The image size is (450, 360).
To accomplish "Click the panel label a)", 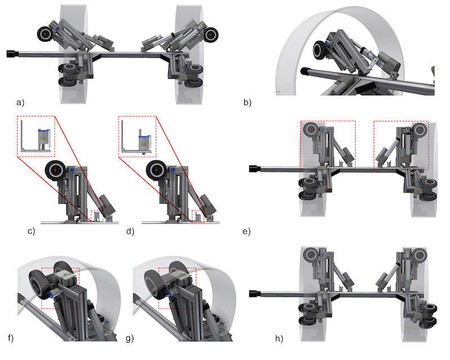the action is coord(20,102).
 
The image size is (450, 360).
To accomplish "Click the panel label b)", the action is coord(247,102).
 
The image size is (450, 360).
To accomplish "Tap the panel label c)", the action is coord(31,231).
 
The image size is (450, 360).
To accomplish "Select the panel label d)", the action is coord(130,231).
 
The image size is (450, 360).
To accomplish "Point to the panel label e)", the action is coord(246,231).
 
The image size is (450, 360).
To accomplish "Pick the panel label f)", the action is coord(11,338).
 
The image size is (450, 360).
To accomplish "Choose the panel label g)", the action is coord(130,339).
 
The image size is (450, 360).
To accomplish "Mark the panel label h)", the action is coord(279,339).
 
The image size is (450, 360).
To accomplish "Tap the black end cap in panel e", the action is coord(255,169).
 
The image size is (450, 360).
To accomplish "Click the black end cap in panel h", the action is coord(255,294).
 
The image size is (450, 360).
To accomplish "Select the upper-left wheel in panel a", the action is coord(45,34).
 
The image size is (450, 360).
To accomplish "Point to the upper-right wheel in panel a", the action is coord(211,34).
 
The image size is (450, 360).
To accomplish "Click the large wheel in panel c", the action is coord(55,170).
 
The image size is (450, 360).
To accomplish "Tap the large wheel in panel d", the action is coord(156,170).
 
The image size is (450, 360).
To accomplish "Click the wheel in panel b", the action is coord(319,50).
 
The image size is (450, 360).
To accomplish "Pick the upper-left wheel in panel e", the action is coord(311,130).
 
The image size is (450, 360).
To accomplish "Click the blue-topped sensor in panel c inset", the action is coord(44,138).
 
